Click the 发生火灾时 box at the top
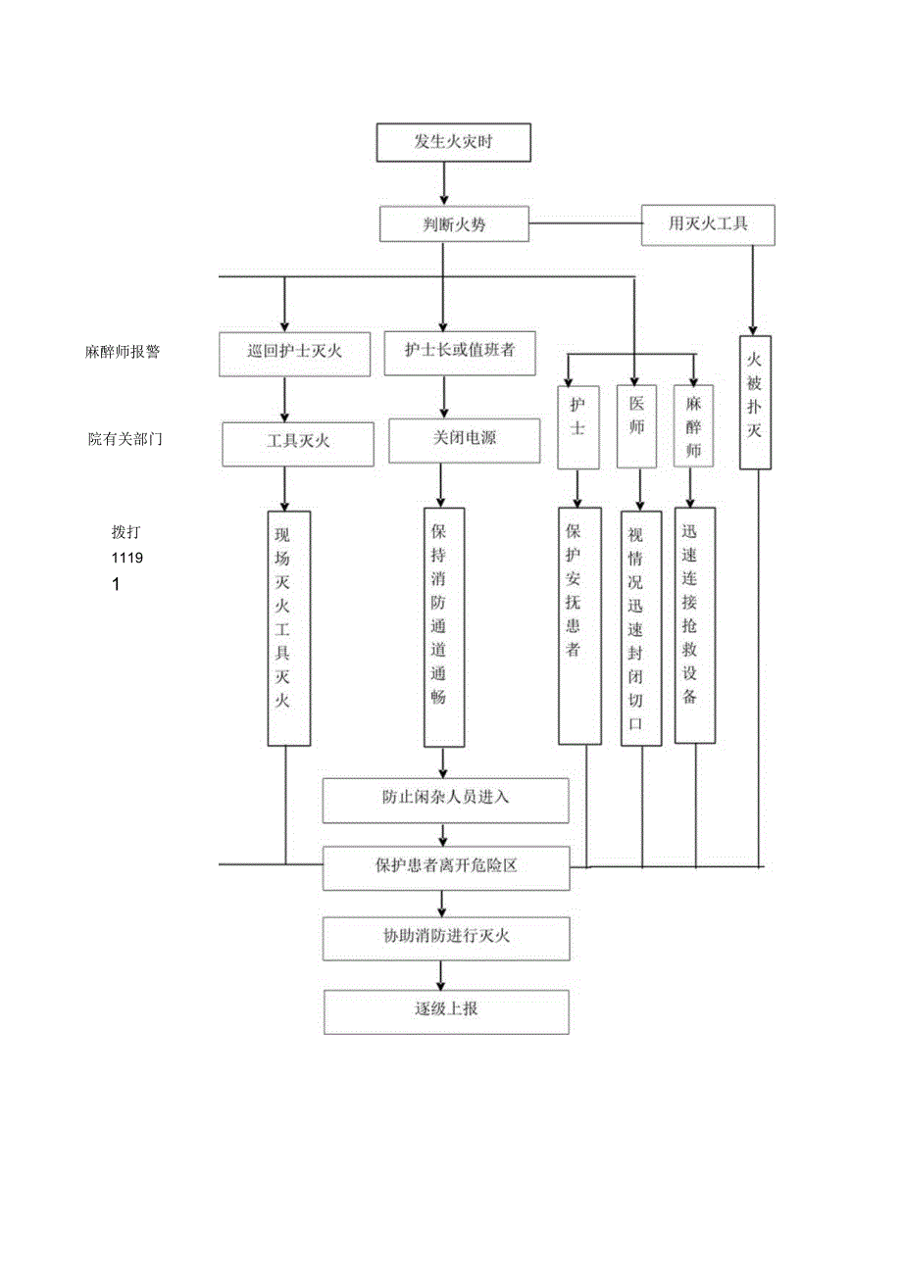pos(454,142)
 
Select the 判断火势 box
pos(454,224)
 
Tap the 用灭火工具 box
pos(708,224)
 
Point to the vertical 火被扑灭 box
pos(754,403)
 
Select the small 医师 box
pos(636,427)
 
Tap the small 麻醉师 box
pos(693,427)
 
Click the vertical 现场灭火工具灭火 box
pos(288,627)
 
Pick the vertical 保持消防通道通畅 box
pos(444,627)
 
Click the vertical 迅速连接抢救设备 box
pos(694,625)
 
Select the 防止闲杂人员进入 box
pos(446,800)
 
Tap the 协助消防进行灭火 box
pos(446,937)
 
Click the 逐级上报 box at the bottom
pos(446,1010)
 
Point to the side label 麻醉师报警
pos(123,352)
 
